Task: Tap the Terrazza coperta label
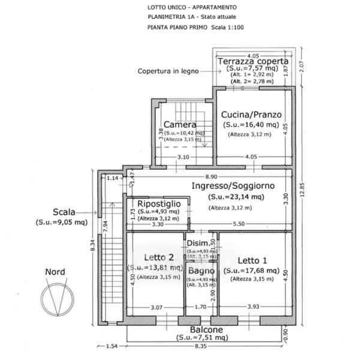point(254,61)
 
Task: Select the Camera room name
point(180,124)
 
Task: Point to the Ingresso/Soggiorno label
point(233,186)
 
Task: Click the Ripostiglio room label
point(155,203)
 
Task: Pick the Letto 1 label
point(252,260)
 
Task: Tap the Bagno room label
point(198,271)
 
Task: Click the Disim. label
point(197,243)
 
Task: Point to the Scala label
point(64,211)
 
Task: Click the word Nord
point(55,272)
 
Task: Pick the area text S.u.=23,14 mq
point(236,197)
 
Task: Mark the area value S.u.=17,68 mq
point(251,270)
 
